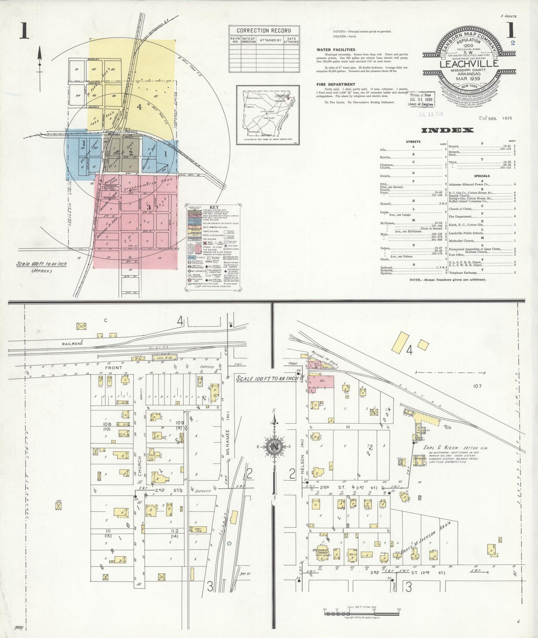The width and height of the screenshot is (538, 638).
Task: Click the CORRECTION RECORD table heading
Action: (x=264, y=31)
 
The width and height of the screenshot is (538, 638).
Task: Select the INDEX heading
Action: (x=447, y=130)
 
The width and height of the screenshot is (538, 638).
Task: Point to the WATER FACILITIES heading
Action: (x=335, y=50)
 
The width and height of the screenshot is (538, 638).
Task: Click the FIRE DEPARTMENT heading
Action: (x=335, y=84)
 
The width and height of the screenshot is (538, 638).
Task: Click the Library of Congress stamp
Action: (x=419, y=100)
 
